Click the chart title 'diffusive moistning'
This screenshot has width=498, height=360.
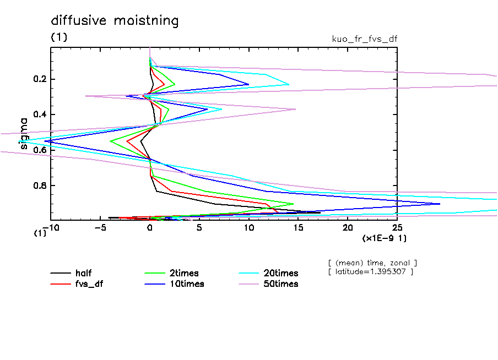115,21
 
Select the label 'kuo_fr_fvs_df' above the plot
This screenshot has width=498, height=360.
364,39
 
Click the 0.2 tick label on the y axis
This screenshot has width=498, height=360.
41,79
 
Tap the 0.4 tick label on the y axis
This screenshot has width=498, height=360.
41,114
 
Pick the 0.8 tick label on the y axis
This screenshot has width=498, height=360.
41,186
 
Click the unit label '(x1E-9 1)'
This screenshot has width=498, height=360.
383,238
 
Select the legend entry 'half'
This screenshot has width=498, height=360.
84,273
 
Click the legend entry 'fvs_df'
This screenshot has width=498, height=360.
89,284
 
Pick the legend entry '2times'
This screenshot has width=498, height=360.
183,273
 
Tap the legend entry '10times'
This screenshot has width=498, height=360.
186,284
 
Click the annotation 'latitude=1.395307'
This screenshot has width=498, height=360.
370,272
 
